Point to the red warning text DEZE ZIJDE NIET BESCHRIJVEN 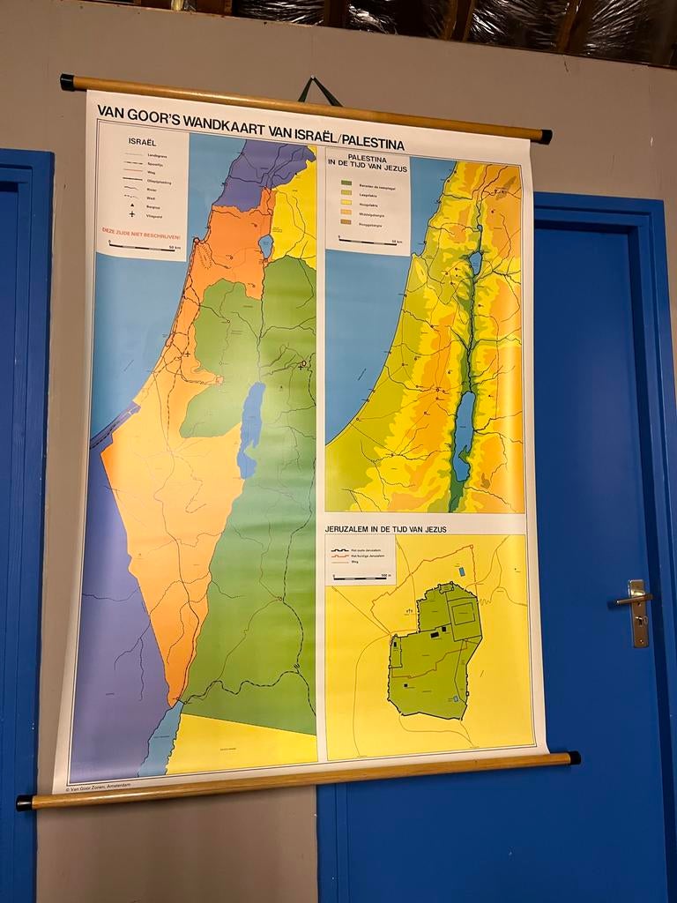click(143, 235)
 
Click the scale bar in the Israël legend click(141, 248)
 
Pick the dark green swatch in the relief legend click(346, 183)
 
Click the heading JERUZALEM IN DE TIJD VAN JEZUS click(386, 528)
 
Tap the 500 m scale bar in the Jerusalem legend click(361, 578)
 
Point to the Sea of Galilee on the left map click(265, 246)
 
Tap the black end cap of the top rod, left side click(67, 82)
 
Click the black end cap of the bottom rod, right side click(574, 757)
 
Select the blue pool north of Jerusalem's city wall click(461, 571)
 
